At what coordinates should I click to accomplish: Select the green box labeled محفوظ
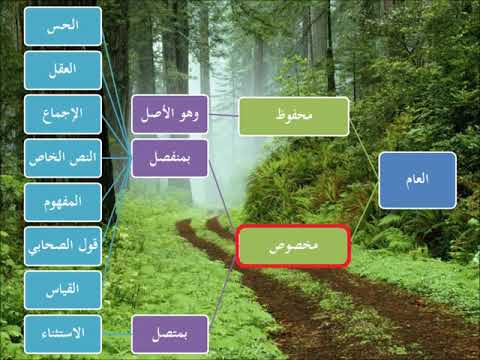coord(294,116)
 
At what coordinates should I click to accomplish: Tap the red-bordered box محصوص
coord(294,245)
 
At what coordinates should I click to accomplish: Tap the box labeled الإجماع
coord(62,114)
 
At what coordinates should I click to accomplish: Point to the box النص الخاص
coord(62,158)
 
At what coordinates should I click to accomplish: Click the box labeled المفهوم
coord(62,201)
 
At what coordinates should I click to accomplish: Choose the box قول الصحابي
coord(62,245)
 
